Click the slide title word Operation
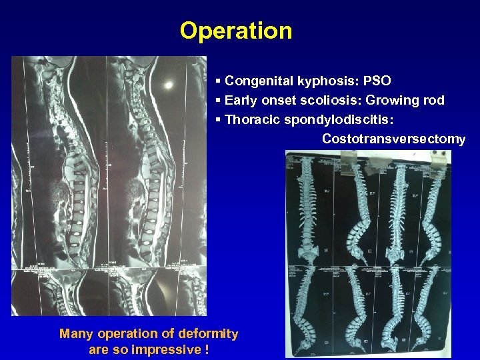tap(235, 31)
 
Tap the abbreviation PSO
tap(377, 81)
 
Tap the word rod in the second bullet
tap(434, 101)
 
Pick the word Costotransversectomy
tap(393, 139)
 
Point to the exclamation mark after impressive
tap(207, 349)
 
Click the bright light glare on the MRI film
tap(169, 85)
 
